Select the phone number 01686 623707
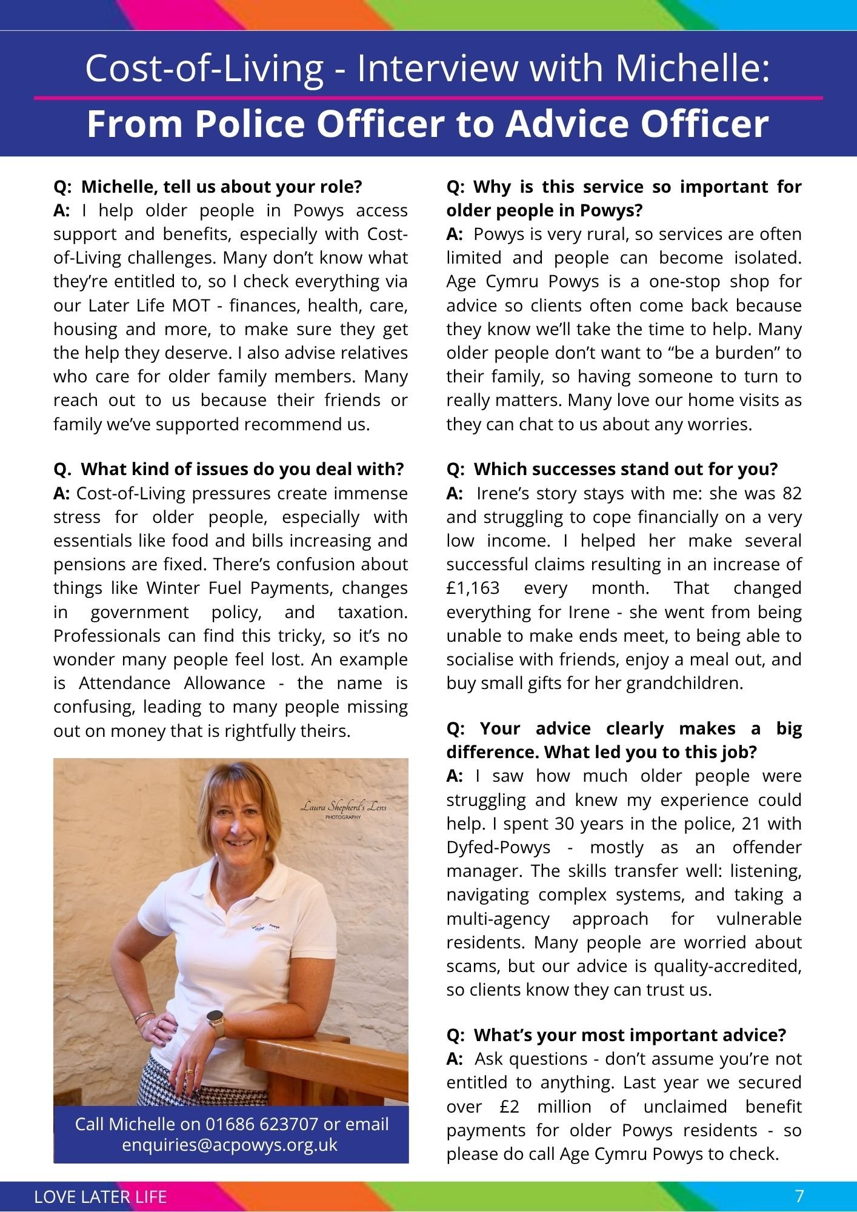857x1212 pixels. tap(262, 1124)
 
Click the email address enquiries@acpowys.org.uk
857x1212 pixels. tap(230, 1145)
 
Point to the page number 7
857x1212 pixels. tap(799, 1196)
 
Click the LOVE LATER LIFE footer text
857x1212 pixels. tap(101, 1197)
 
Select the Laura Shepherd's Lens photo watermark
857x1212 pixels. tap(343, 810)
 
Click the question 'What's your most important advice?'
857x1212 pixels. tap(616, 1035)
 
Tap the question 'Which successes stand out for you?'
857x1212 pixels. tap(612, 470)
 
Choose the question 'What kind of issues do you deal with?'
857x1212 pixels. tap(228, 470)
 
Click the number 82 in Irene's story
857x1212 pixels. tap(792, 493)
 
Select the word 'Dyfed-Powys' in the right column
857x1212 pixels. tap(498, 847)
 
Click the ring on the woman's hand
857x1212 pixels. tap(190, 1071)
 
